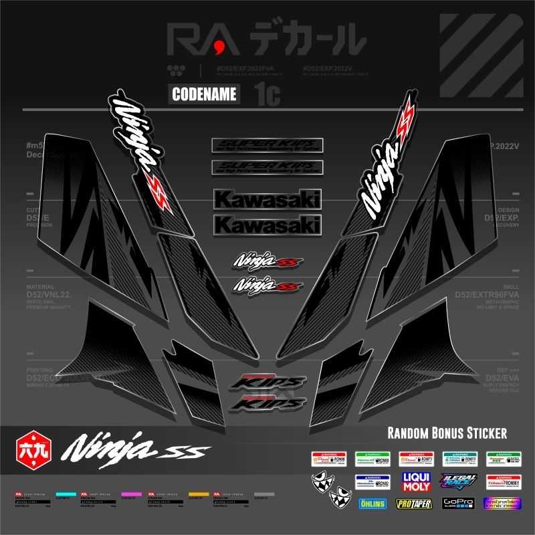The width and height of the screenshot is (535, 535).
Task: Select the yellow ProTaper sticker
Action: coord(414,504)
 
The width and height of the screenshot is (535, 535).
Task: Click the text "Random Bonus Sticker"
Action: coord(447,433)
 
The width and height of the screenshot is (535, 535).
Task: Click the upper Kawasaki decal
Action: coord(267,199)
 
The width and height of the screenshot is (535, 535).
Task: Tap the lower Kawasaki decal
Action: coord(267,225)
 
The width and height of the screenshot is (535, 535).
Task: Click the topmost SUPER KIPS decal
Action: coord(267,145)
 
